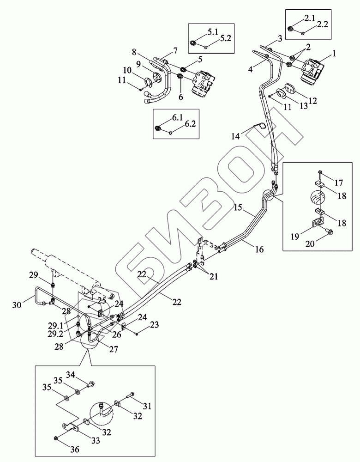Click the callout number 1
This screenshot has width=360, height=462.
point(334,54)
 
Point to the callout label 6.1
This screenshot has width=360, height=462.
point(178,118)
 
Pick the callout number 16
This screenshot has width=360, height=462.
point(259,249)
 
